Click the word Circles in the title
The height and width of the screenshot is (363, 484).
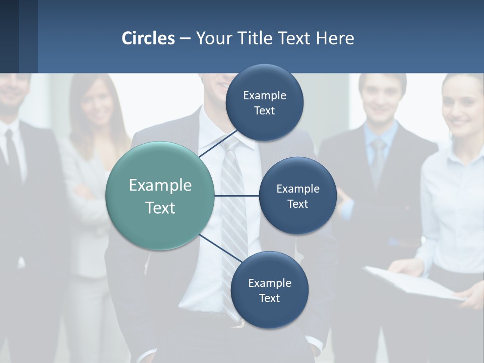point(148,38)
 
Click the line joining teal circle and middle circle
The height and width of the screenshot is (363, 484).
point(236,196)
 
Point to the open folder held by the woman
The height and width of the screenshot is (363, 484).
point(413,282)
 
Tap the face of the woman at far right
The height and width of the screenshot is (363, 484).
point(463,108)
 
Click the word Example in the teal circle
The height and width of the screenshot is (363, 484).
point(160,186)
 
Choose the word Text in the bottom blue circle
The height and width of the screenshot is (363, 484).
point(269,298)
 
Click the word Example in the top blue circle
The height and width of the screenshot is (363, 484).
point(264,96)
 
